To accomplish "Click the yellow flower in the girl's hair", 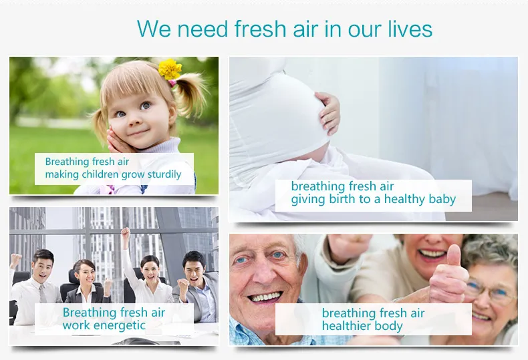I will coord(170,69).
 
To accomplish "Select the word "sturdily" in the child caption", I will coord(161,174).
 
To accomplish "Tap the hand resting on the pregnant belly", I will coord(329,112).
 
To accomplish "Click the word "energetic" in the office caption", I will coord(122,325).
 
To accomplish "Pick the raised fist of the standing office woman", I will coord(125,233).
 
